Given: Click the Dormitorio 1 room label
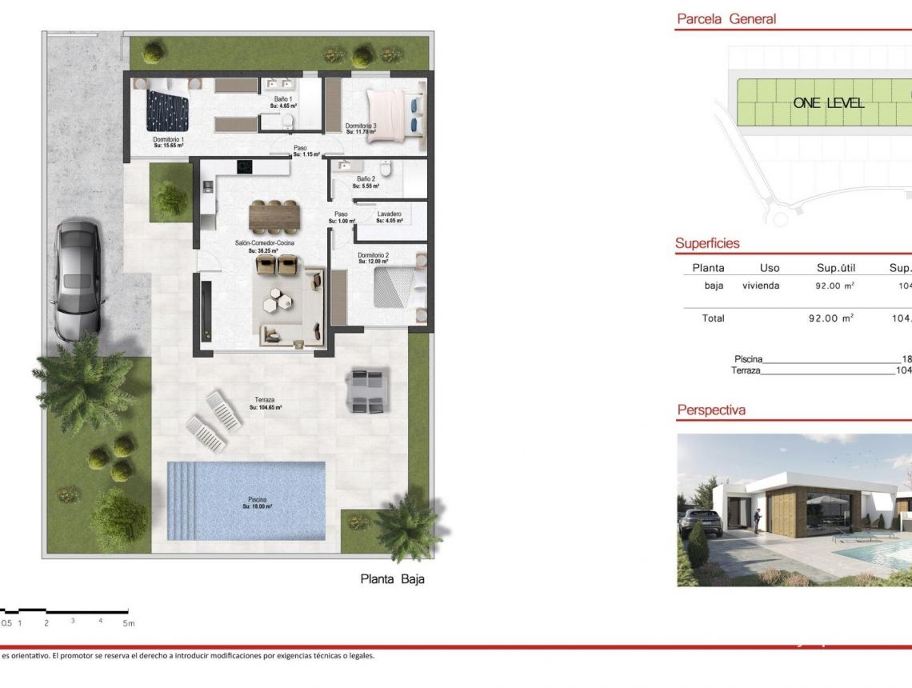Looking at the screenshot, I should (x=169, y=139).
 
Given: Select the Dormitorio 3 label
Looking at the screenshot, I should (x=361, y=126).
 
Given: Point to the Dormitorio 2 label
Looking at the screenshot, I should (x=373, y=255).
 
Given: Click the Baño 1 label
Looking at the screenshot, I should (x=283, y=98).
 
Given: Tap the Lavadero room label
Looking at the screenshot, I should (x=390, y=214).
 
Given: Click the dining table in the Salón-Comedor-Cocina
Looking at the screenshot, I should (x=274, y=214).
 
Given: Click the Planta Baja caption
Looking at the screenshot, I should (x=392, y=579).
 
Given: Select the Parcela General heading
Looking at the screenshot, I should (x=726, y=19).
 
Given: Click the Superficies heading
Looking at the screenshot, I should (x=707, y=243).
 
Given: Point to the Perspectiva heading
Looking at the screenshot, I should (x=711, y=410).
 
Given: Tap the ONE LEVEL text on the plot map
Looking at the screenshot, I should (x=828, y=102).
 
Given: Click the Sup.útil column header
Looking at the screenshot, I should (x=836, y=268).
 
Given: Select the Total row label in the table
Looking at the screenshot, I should (x=713, y=318).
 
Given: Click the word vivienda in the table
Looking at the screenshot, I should (x=761, y=285).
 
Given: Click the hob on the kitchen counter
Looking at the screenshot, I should (x=244, y=166).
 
